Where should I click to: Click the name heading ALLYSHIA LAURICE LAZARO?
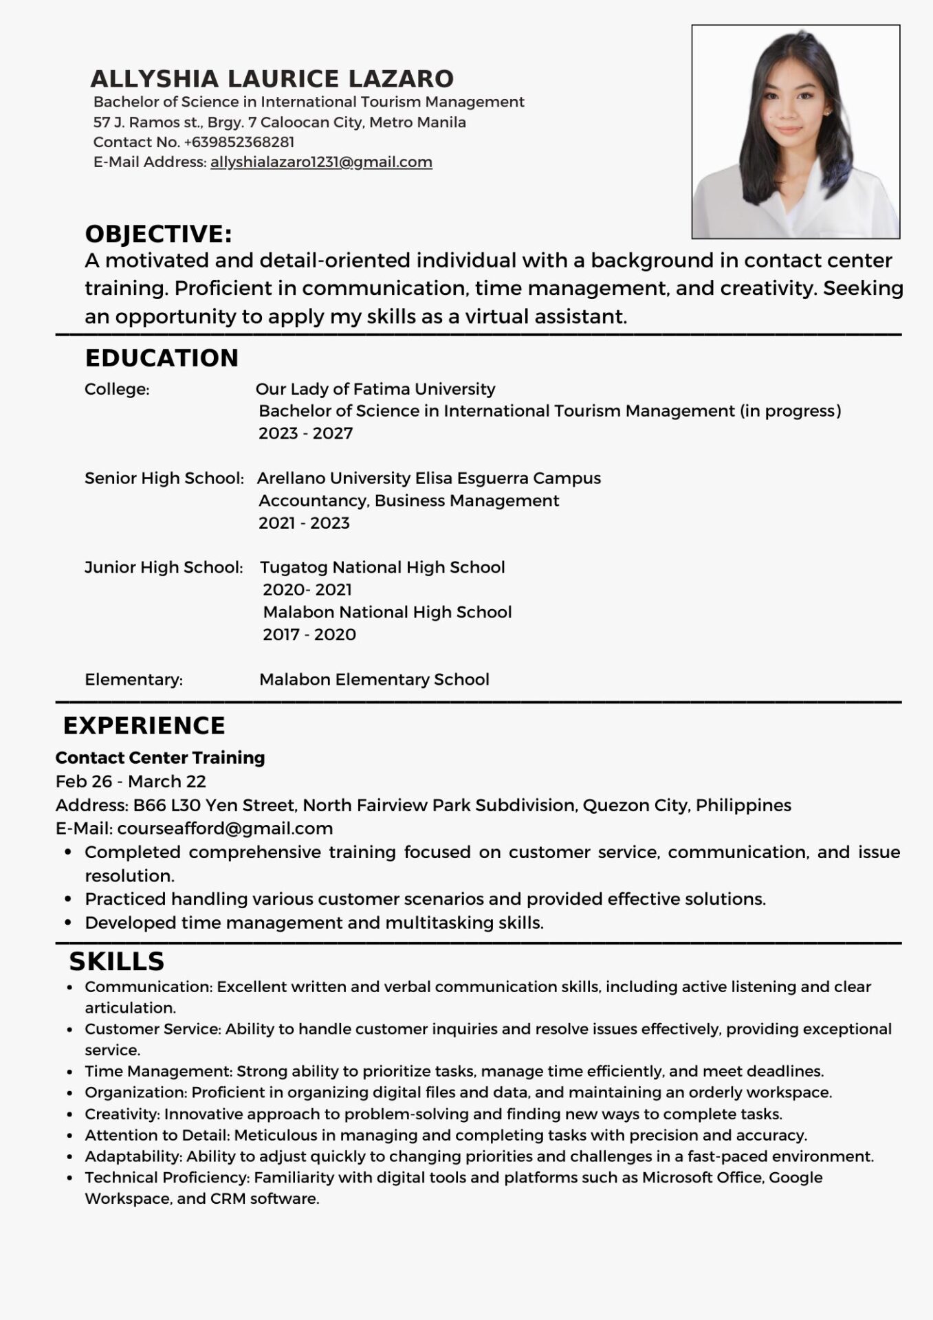272,79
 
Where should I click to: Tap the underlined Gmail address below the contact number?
321,162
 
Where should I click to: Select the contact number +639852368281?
239,142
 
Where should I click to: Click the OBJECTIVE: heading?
158,234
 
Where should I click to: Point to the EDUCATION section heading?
162,358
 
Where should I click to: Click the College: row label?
117,389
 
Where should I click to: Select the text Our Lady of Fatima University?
375,389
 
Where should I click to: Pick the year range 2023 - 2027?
305,433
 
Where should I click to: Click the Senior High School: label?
164,478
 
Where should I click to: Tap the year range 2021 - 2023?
304,523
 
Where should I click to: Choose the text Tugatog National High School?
382,567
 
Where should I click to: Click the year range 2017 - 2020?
309,635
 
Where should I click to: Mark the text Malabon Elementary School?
374,679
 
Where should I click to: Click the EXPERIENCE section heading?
144,726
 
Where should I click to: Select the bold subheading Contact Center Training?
160,758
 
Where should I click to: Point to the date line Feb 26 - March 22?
131,782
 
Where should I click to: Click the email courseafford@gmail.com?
225,828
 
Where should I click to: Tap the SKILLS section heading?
116,961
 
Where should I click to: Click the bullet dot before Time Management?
70,1072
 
